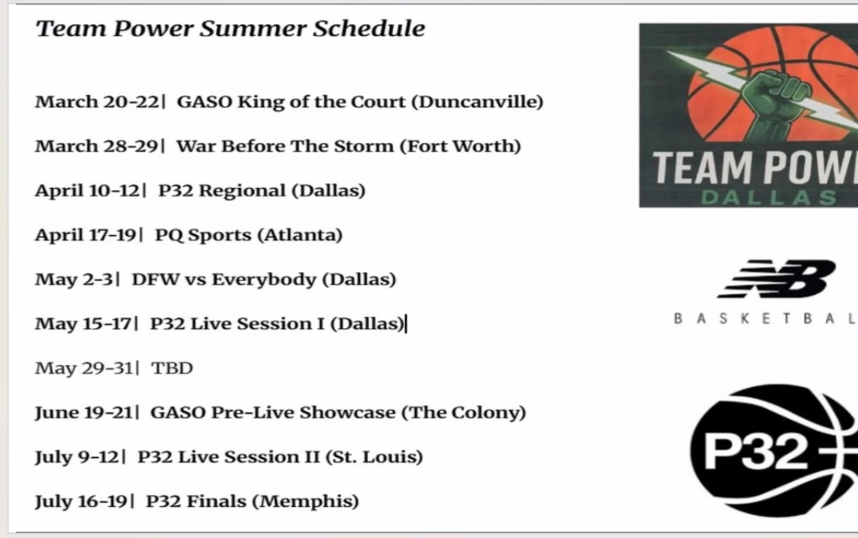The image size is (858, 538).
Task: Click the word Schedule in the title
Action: click(369, 28)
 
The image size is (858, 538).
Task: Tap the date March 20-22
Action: click(97, 102)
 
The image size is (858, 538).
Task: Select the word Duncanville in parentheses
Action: click(477, 102)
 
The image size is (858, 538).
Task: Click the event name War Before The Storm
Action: click(285, 146)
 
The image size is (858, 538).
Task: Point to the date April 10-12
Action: click(87, 191)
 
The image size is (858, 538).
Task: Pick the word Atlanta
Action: click(299, 235)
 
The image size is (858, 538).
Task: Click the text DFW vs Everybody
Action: click(224, 280)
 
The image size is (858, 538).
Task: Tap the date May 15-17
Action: click(83, 324)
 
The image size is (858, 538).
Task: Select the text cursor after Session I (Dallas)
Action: click(407, 324)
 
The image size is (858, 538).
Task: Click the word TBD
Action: click(172, 368)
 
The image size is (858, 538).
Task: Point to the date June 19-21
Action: click(84, 413)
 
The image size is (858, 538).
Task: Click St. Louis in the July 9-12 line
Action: click(374, 457)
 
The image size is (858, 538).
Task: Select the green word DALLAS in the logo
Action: click(768, 198)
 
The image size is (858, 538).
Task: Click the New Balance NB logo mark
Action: click(778, 279)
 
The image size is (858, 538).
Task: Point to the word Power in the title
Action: click(154, 28)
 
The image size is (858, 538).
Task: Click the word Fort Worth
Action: click(460, 146)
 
